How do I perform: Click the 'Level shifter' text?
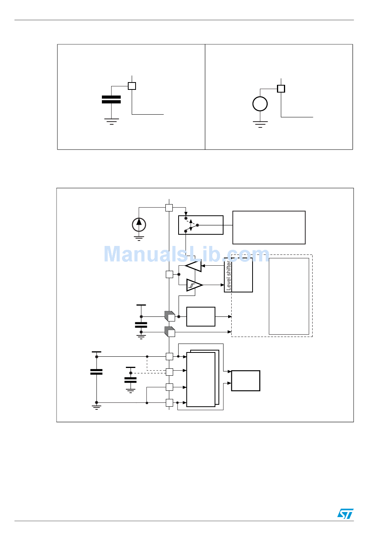click(x=229, y=276)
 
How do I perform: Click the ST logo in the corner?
click(x=345, y=514)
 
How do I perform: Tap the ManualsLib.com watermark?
click(x=186, y=254)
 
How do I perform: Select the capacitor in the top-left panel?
click(x=111, y=100)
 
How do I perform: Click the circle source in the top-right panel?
click(x=260, y=104)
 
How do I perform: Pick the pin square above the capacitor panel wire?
click(x=132, y=86)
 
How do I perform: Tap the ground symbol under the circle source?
click(x=260, y=124)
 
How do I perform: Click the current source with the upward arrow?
click(x=139, y=225)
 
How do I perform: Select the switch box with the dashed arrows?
click(x=201, y=225)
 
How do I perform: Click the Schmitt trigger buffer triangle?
click(x=194, y=285)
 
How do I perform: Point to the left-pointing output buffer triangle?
click(x=194, y=266)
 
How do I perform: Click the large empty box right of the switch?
click(x=269, y=227)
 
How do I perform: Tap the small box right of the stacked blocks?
click(x=246, y=381)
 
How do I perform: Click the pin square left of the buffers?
click(x=169, y=274)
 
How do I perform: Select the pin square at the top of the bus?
click(x=169, y=208)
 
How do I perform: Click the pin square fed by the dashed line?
click(x=169, y=372)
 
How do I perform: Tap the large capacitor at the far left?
click(x=96, y=372)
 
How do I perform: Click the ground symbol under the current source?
click(x=139, y=238)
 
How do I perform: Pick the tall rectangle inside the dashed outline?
click(x=289, y=296)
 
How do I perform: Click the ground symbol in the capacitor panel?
click(x=111, y=121)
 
